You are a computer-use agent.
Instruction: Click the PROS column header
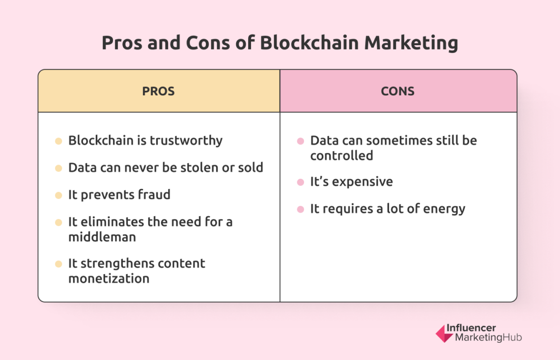158,91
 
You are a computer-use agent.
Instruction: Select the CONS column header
397,91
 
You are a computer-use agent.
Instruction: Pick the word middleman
102,237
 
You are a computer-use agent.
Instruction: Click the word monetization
109,278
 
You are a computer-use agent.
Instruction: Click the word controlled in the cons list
341,156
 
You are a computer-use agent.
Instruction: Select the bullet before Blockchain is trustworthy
58,141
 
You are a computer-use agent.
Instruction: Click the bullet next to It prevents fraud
58,195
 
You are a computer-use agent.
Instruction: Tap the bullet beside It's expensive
300,183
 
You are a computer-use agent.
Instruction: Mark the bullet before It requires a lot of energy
300,210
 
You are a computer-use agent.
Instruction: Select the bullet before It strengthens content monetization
58,264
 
